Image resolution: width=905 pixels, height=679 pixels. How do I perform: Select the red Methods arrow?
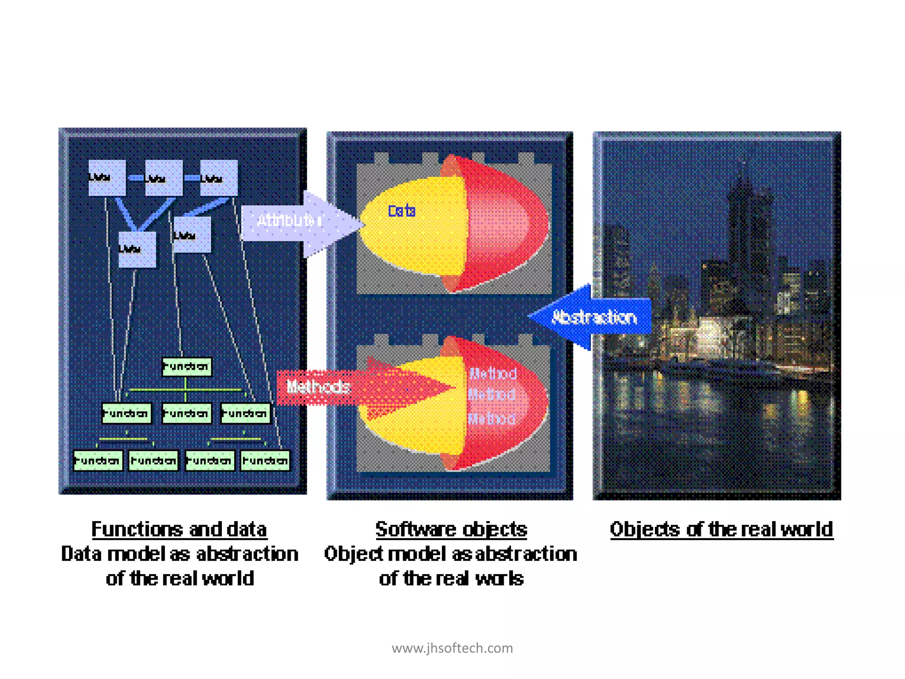336,388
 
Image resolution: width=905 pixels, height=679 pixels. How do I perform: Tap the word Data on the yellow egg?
402,211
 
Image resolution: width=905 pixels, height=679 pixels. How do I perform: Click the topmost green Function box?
186,366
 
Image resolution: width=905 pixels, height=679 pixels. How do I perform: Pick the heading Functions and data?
179,529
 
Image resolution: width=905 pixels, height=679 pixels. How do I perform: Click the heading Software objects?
451,529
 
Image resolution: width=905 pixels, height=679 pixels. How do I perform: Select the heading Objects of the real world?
721,529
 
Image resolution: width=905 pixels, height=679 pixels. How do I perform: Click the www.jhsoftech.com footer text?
452,648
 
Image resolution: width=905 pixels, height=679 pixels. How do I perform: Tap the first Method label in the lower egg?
493,374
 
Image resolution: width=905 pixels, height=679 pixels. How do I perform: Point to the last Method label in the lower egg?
491,418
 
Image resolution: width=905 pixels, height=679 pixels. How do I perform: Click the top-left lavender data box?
107,178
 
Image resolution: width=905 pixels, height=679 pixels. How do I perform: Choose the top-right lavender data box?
219,178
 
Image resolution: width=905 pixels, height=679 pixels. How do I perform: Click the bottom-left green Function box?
98,461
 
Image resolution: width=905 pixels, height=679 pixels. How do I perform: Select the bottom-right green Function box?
265,461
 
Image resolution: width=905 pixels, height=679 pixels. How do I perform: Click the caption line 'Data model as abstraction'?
179,554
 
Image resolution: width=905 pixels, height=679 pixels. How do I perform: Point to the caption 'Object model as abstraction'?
451,554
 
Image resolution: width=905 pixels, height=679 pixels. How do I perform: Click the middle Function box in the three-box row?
186,413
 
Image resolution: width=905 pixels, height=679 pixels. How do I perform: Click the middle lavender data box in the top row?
164,178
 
